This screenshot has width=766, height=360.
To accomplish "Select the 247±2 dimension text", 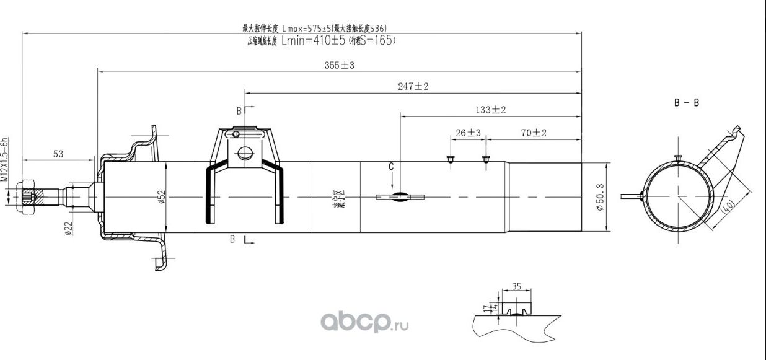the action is pyautogui.click(x=413, y=87).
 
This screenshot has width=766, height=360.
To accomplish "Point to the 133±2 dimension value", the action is pyautogui.click(x=491, y=110).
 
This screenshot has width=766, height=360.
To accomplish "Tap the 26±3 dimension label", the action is pyautogui.click(x=469, y=133).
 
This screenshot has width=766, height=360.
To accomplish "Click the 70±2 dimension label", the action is pyautogui.click(x=534, y=133).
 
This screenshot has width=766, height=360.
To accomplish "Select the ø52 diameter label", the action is pyautogui.click(x=161, y=196).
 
